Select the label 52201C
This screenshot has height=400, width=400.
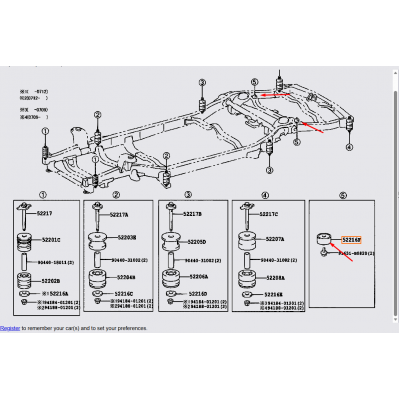pyautogui.click(x=50, y=240)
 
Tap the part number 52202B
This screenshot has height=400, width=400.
pyautogui.click(x=50, y=281)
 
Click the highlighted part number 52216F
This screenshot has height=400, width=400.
pyautogui.click(x=351, y=240)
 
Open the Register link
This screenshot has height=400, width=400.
pyautogui.click(x=10, y=327)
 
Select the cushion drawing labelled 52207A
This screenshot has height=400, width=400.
pyautogui.click(x=248, y=240)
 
